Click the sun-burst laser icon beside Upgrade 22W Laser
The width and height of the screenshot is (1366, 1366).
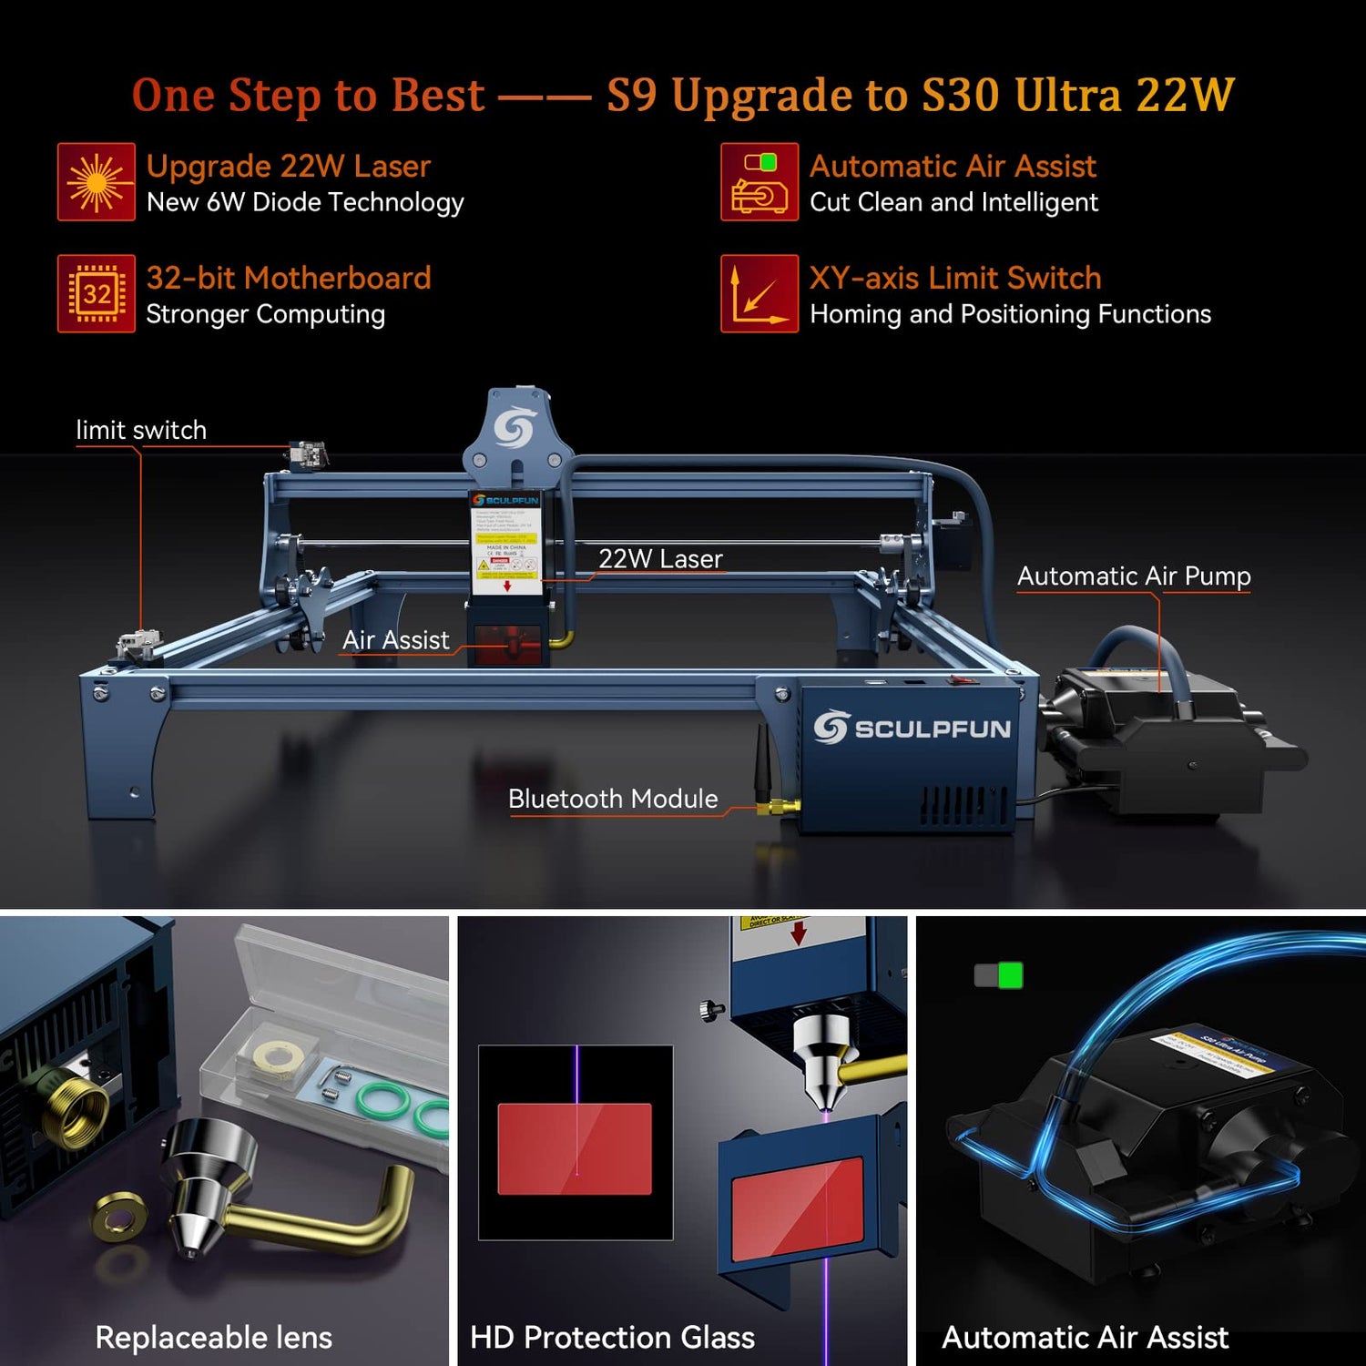96,181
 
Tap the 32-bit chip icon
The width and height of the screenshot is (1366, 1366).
96,293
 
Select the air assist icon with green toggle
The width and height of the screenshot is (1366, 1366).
759,181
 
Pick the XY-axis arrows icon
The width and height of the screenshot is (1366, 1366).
759,293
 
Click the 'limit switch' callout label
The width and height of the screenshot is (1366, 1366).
141,430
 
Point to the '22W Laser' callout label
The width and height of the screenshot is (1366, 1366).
660,558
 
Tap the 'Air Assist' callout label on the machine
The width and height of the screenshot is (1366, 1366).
395,640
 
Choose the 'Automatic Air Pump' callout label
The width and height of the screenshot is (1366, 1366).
1133,576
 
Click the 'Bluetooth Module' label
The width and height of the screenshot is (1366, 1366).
613,799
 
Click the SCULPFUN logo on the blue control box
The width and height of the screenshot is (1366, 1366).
912,728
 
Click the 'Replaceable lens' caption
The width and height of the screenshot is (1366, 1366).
213,1337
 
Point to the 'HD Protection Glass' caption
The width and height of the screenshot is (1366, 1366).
612,1337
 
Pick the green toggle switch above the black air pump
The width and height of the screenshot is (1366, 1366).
998,975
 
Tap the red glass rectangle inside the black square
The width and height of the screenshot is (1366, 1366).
575,1148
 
